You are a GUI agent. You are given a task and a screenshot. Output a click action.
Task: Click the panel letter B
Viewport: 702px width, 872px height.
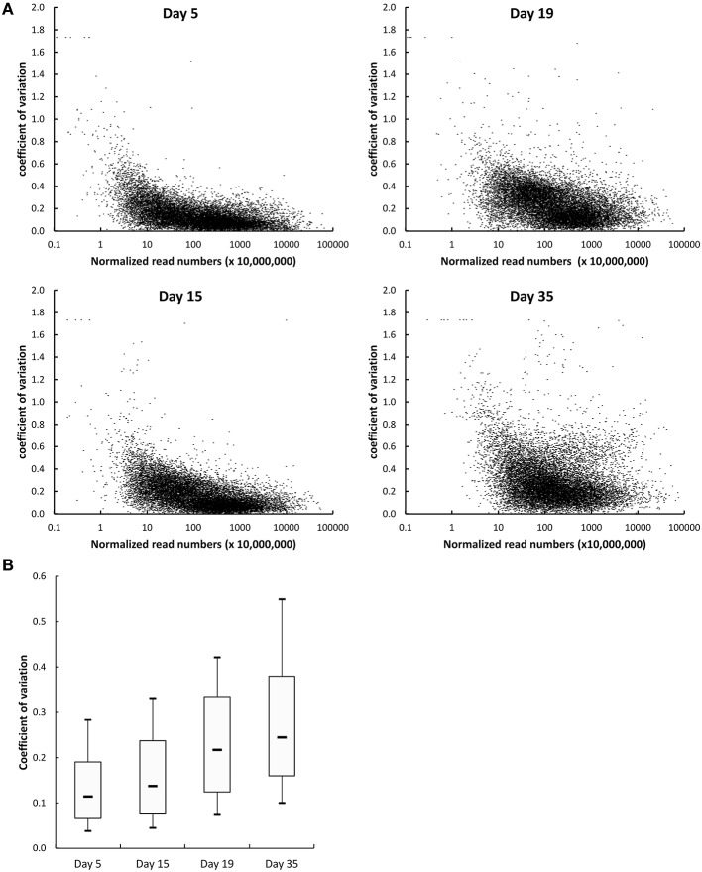pyautogui.click(x=8, y=566)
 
